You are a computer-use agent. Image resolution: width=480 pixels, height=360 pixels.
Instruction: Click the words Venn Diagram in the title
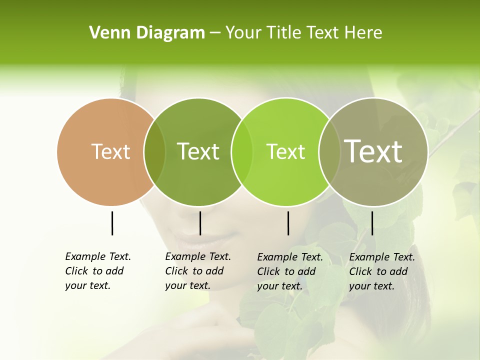coord(146,33)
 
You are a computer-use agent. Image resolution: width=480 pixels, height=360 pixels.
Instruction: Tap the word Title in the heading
coord(283,33)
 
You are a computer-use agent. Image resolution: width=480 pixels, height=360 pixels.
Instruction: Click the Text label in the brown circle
coord(110,151)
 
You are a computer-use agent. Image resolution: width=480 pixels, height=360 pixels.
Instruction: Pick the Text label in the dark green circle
coord(198,151)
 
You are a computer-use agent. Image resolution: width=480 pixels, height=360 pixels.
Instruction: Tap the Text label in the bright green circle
coord(285,151)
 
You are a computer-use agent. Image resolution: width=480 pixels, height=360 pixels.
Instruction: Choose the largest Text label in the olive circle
coord(373,151)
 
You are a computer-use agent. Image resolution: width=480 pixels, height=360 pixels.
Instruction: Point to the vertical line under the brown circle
coord(112,223)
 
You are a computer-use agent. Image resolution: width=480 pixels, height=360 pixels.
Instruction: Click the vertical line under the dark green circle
coord(200,223)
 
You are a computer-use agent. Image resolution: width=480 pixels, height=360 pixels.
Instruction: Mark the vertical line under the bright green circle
coord(288,223)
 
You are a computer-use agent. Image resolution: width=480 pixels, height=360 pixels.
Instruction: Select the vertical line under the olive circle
coord(372,223)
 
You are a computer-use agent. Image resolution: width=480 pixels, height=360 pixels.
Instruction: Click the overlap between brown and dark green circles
coord(154,151)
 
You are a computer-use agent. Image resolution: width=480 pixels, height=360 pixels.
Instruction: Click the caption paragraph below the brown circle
coord(97,271)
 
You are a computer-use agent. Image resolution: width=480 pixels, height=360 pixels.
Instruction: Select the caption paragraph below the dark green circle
coord(197,271)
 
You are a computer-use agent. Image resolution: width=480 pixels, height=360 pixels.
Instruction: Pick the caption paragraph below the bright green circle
coord(289,271)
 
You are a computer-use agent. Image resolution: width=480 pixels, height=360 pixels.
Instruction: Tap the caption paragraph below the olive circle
coord(381,271)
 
